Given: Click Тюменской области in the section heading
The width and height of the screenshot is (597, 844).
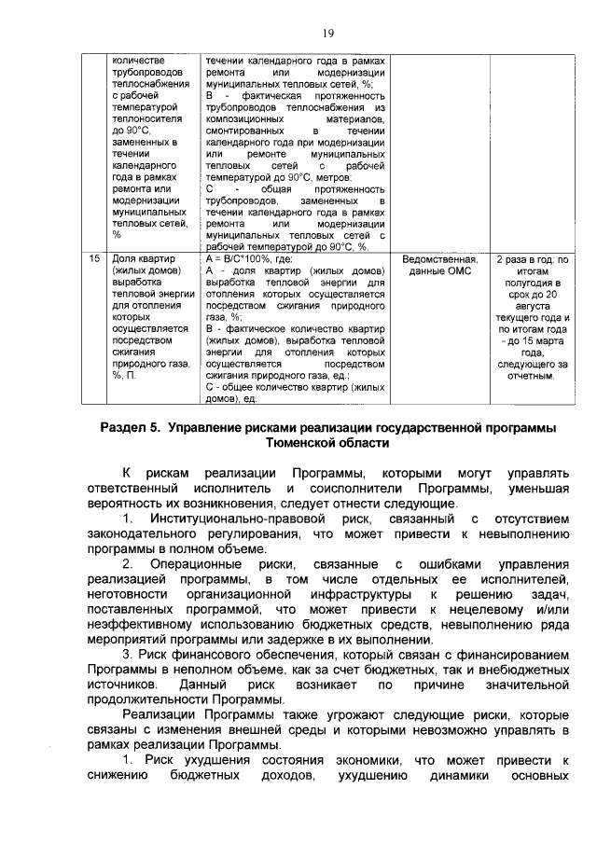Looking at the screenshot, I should (327, 444).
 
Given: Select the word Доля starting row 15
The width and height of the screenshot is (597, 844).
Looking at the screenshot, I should (123, 259).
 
